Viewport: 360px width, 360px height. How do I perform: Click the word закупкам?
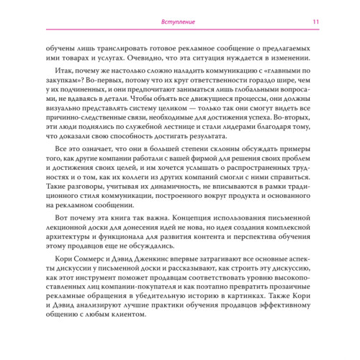click(x=66, y=86)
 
